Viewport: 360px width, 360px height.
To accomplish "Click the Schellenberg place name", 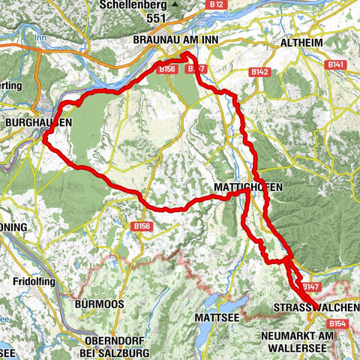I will coord(134,5).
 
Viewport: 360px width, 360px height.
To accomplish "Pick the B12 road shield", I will coord(217,5).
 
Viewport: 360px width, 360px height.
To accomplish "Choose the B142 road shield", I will coord(259,72).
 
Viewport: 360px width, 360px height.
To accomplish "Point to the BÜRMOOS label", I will coord(98,304).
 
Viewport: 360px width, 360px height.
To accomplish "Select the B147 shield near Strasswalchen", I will coord(310,287).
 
